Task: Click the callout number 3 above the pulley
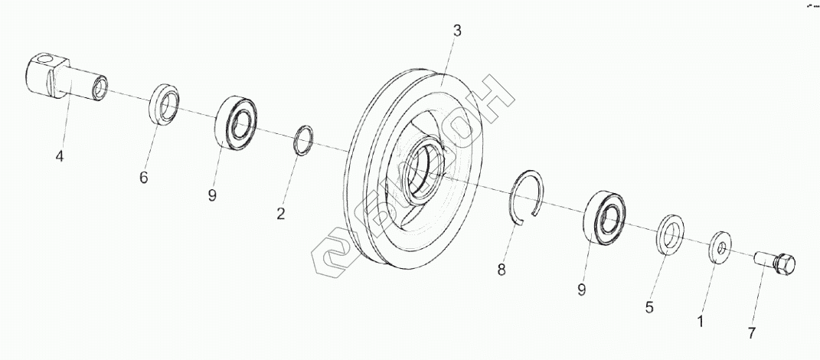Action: [x=457, y=31]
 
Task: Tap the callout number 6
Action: [x=143, y=178]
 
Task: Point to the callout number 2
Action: [x=281, y=214]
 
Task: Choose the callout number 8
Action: [x=501, y=269]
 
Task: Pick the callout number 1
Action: [x=699, y=322]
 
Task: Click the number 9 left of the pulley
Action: [x=212, y=195]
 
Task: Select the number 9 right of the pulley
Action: [x=582, y=290]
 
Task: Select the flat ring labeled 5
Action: [x=671, y=234]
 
